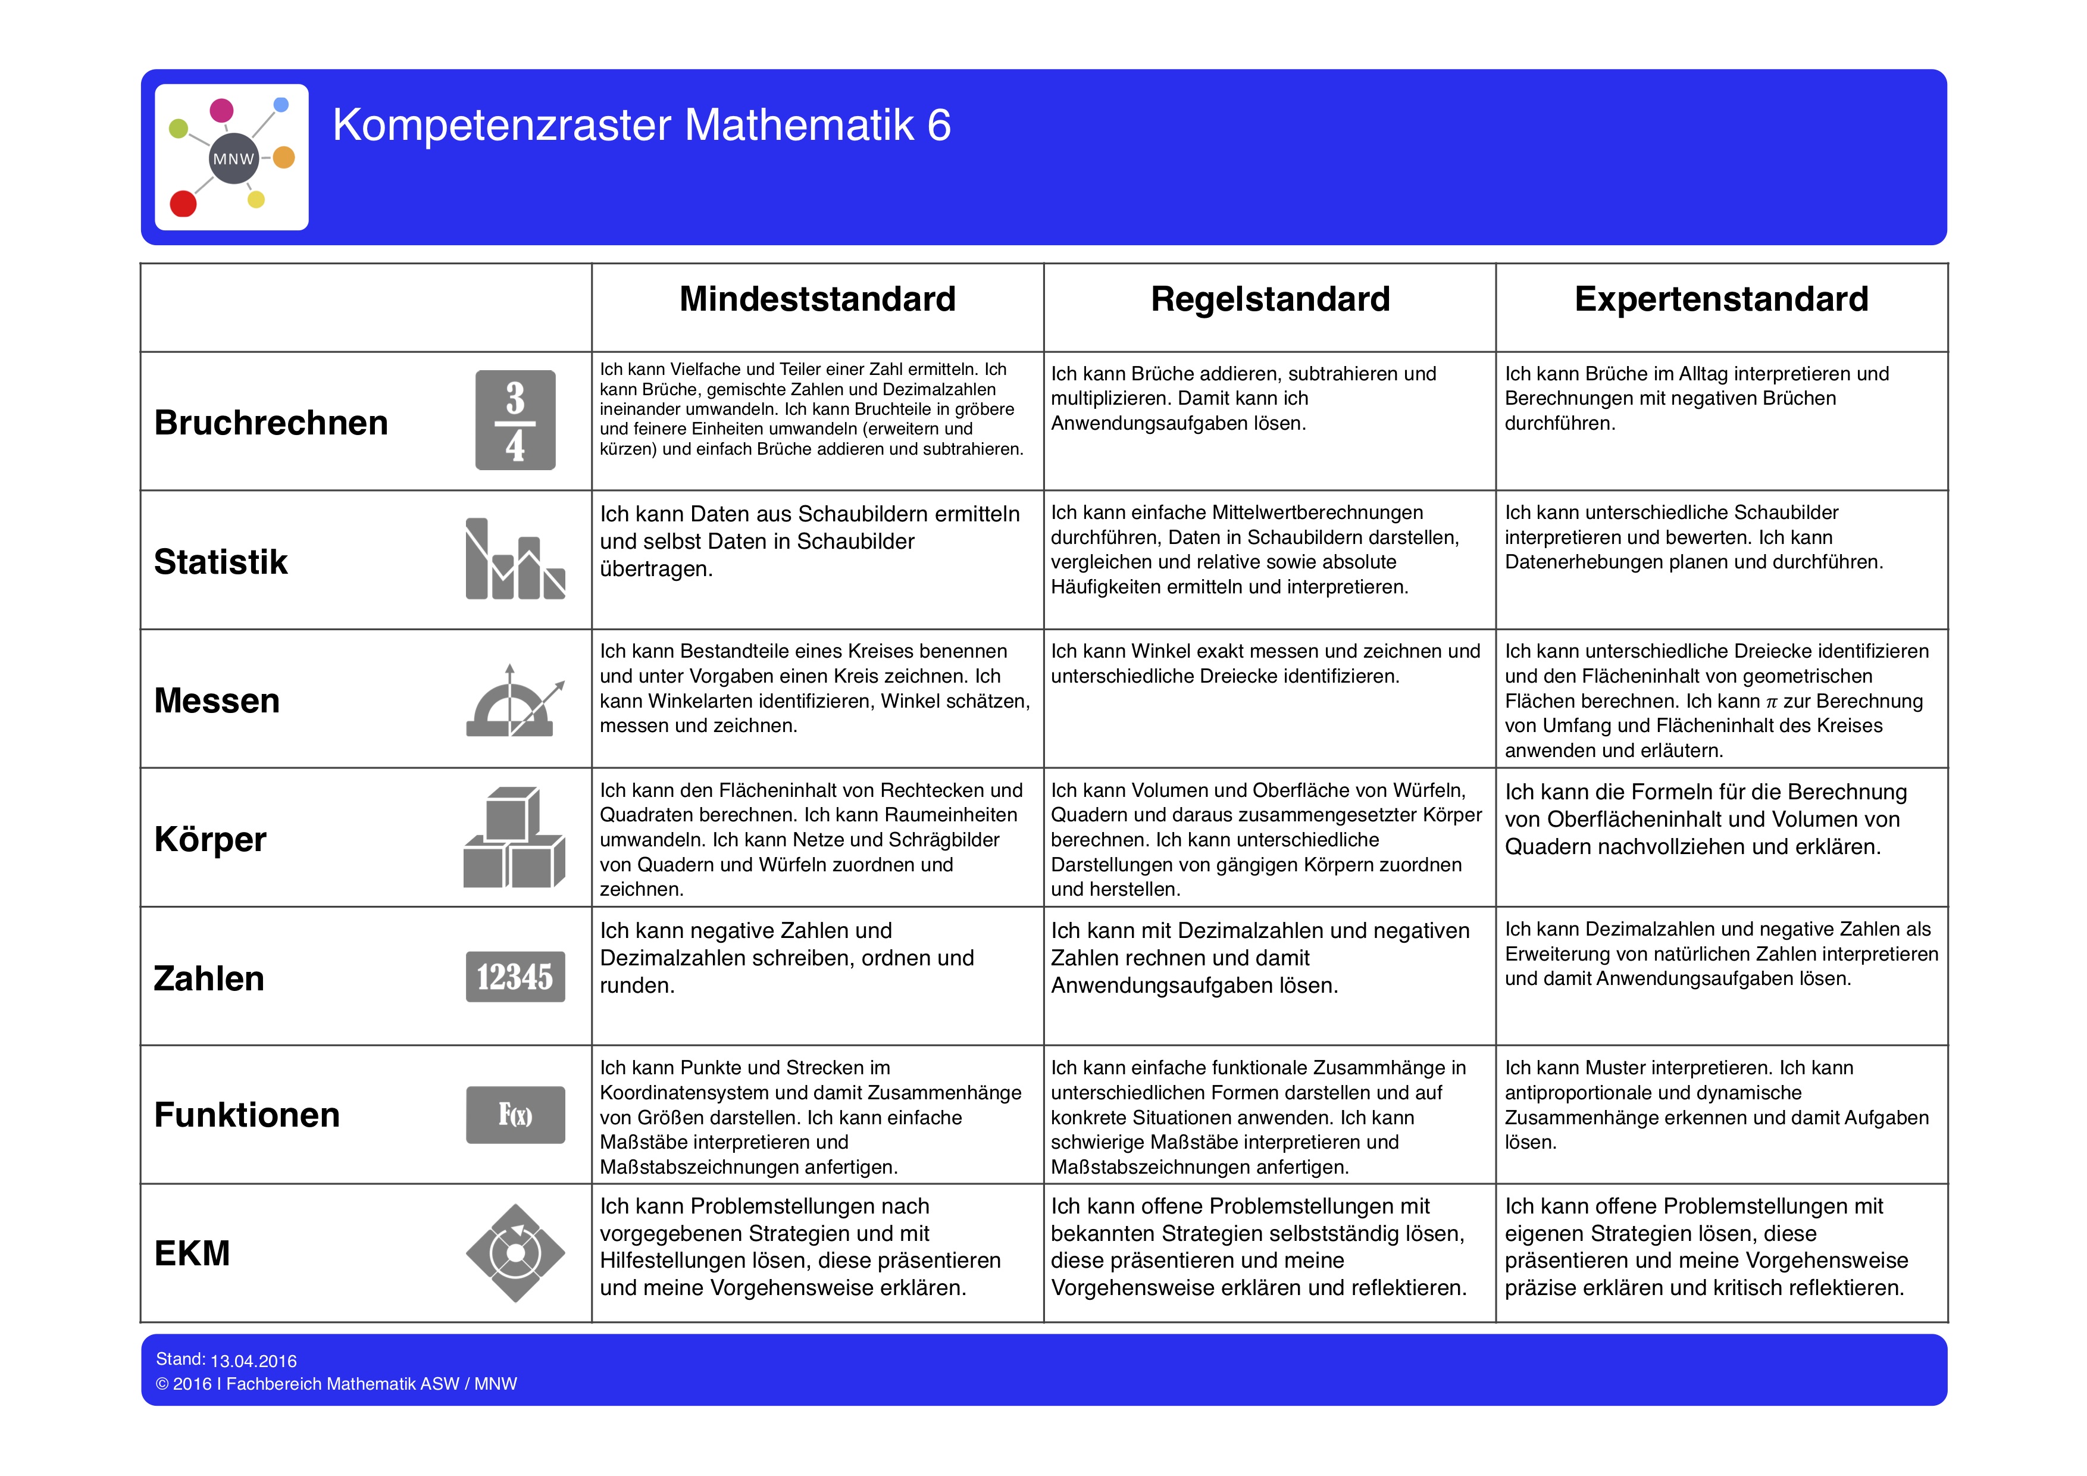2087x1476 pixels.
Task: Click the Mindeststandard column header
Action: pos(817,299)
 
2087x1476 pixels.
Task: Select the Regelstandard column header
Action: pos(1270,299)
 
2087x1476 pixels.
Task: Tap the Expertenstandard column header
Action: pos(1720,299)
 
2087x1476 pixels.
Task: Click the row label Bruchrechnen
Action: pos(271,423)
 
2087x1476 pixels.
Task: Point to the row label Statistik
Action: pos(221,562)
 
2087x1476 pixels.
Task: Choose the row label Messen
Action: pos(217,701)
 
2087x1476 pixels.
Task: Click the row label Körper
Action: pos(210,839)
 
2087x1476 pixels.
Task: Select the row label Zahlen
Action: pos(209,978)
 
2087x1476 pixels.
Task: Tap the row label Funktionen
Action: pos(247,1115)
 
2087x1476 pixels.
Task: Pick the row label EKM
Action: pos(192,1253)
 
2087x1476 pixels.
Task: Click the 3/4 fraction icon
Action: pos(515,420)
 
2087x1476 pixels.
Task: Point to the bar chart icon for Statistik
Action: pos(515,559)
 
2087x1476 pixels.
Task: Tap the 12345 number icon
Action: pos(515,977)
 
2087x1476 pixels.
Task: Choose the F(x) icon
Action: pos(515,1115)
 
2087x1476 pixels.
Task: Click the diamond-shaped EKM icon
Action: pos(515,1253)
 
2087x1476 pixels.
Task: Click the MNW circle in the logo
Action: pos(234,159)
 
